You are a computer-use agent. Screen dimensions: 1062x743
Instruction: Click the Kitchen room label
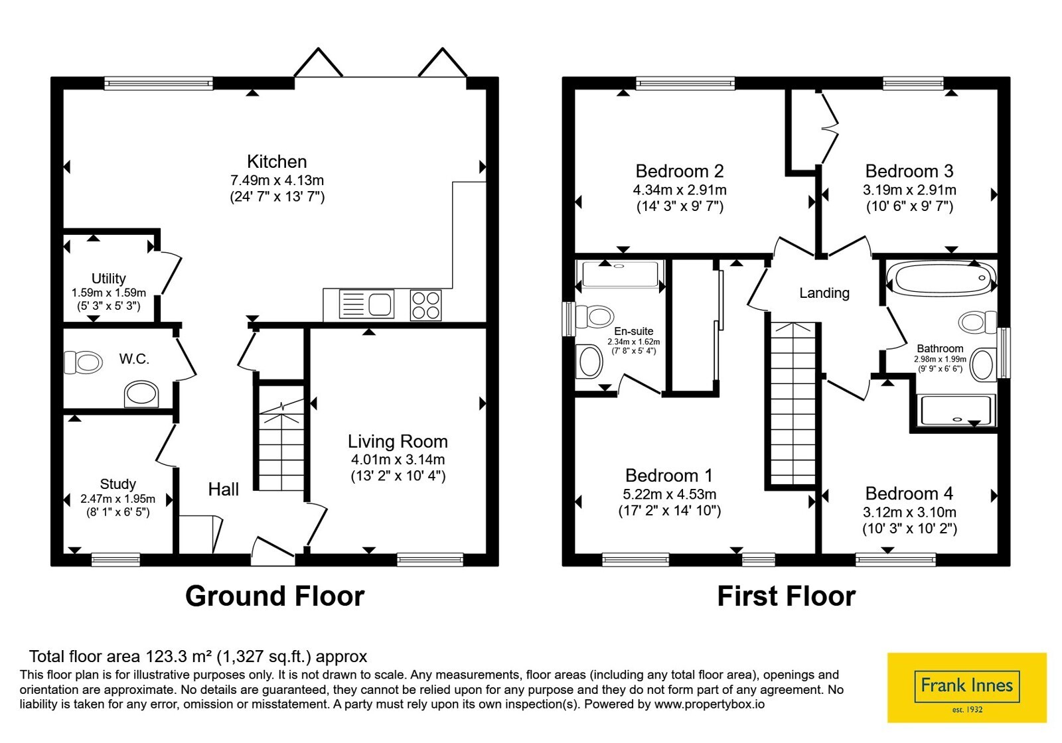(277, 162)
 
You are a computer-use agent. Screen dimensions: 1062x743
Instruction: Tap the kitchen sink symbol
(366, 304)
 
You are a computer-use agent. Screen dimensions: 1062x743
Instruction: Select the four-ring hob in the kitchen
(425, 304)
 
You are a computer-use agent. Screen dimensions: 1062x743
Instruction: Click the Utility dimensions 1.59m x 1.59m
(109, 293)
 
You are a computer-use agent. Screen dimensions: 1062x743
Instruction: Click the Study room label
(117, 484)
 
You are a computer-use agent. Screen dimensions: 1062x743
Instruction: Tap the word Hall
(223, 489)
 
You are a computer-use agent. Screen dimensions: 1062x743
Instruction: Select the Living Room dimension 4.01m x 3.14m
(398, 459)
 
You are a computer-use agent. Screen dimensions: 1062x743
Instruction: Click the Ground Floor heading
(275, 596)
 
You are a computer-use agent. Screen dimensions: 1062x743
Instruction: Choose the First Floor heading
(787, 596)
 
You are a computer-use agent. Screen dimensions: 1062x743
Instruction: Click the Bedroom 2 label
(680, 170)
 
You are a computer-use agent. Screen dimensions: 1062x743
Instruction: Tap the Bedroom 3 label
(909, 170)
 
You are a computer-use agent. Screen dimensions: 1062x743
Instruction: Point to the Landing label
(824, 293)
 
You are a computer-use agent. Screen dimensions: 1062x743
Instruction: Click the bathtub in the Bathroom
(942, 278)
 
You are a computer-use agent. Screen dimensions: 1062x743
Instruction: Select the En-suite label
(633, 331)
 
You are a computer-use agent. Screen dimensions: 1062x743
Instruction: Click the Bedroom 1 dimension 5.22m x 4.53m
(670, 494)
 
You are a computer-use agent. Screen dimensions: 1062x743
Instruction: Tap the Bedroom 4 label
(909, 494)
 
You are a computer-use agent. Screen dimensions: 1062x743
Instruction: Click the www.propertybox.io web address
(710, 704)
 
